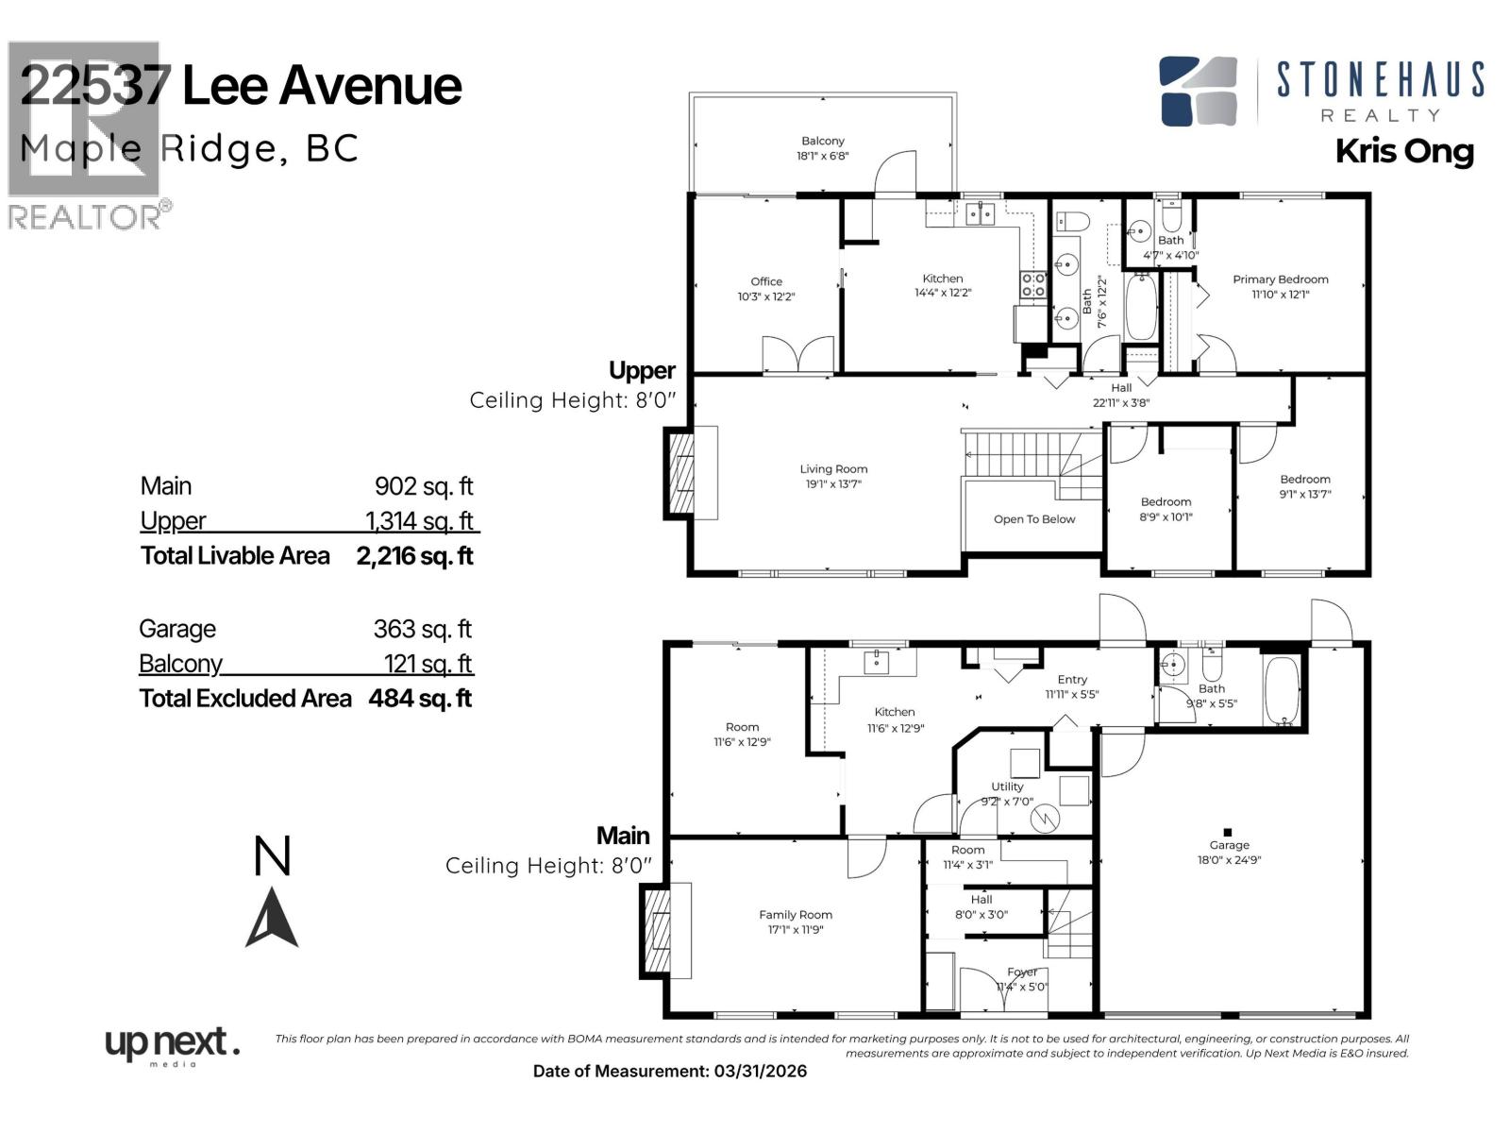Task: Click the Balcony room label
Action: pyautogui.click(x=822, y=141)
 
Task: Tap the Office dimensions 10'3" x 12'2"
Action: pyautogui.click(x=765, y=296)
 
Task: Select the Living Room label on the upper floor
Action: pyautogui.click(x=833, y=469)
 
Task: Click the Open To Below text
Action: pyautogui.click(x=1033, y=519)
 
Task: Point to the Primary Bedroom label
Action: pyautogui.click(x=1280, y=279)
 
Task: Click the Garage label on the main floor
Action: pyautogui.click(x=1229, y=845)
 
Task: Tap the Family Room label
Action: pyautogui.click(x=796, y=914)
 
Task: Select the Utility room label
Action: pyautogui.click(x=1007, y=786)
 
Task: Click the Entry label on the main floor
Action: pyautogui.click(x=1072, y=679)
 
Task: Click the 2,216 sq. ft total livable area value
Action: pyautogui.click(x=414, y=556)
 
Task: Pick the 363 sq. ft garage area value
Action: pyautogui.click(x=422, y=629)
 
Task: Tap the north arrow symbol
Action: pyautogui.click(x=272, y=917)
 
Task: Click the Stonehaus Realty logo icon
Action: pyautogui.click(x=1198, y=91)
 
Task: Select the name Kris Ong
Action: pyautogui.click(x=1404, y=152)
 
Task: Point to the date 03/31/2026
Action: pyautogui.click(x=760, y=1071)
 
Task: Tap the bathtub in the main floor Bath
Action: pyautogui.click(x=1281, y=691)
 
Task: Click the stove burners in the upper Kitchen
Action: pyautogui.click(x=1033, y=284)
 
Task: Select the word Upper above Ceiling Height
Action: pyautogui.click(x=642, y=370)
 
